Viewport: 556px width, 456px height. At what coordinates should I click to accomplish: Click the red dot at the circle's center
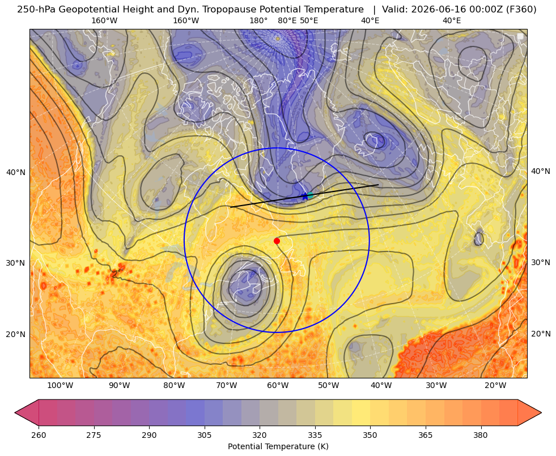(277, 241)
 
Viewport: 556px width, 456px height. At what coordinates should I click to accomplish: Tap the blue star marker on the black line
(305, 196)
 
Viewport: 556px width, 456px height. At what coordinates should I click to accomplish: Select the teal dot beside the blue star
(310, 195)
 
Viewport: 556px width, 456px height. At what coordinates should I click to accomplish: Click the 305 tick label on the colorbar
(204, 435)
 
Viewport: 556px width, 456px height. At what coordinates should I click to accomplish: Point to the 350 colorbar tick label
(370, 435)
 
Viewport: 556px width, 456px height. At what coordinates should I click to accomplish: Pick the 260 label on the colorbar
(39, 435)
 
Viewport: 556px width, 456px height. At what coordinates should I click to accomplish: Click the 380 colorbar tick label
(481, 435)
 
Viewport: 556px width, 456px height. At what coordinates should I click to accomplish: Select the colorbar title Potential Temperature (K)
(278, 446)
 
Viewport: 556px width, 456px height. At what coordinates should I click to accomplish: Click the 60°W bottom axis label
(278, 386)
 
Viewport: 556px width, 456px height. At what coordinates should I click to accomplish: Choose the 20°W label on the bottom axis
(495, 386)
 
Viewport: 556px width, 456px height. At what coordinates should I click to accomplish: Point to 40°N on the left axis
(16, 173)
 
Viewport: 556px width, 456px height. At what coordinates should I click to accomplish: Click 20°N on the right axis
(541, 334)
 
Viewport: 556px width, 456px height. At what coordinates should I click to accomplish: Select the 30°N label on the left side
(16, 263)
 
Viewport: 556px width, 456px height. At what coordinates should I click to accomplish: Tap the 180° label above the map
(258, 20)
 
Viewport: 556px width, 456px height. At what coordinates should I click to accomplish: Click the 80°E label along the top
(287, 20)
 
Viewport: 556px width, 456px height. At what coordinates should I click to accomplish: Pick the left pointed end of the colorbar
(15, 412)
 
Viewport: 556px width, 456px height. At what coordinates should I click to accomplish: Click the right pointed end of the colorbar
(541, 412)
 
